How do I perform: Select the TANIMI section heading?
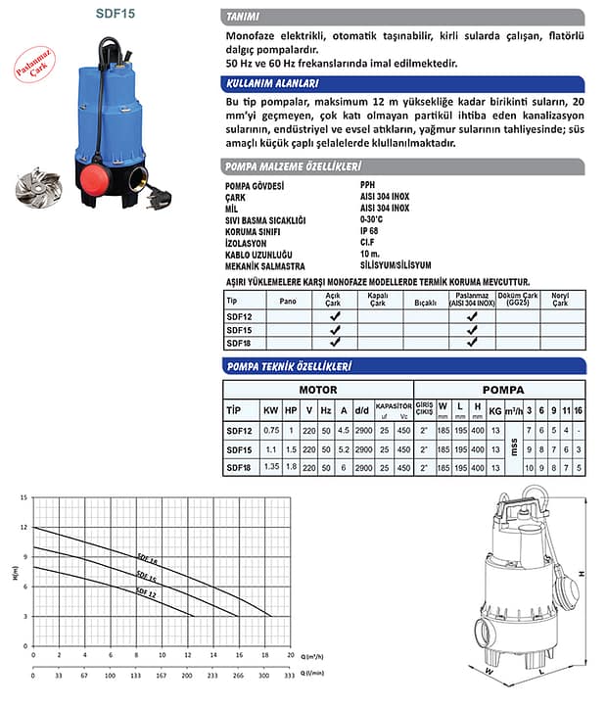(242, 16)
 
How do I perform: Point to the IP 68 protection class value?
(370, 231)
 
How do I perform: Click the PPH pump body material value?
(366, 185)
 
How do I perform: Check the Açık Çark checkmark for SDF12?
(333, 317)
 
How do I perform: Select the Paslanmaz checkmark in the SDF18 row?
(471, 343)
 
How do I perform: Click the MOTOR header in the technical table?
(317, 390)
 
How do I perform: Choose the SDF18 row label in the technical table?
(238, 468)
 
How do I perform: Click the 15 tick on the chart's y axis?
(23, 498)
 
